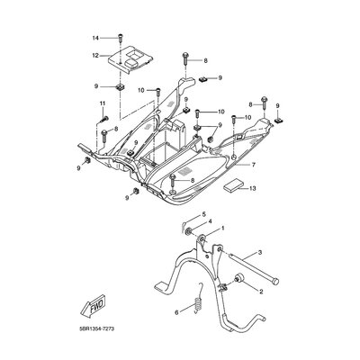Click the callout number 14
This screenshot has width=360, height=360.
tap(95, 38)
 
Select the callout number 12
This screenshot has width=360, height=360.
tap(95, 56)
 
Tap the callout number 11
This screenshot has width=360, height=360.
tap(103, 103)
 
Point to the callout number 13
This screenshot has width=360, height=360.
tap(253, 188)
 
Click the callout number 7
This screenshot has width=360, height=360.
tap(254, 165)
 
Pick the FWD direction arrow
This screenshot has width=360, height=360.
tap(93, 305)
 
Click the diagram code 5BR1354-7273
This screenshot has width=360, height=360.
tap(94, 329)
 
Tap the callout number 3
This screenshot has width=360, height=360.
tap(260, 253)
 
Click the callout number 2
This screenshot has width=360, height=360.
tap(261, 292)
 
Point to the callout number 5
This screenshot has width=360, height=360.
tap(203, 214)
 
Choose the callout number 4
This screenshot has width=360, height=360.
tap(210, 221)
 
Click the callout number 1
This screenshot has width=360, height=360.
tap(222, 229)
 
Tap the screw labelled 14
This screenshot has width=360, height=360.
tap(121, 38)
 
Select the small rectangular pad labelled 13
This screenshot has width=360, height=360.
tap(232, 185)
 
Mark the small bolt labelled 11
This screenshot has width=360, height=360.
tap(104, 119)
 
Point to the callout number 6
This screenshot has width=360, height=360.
tap(176, 312)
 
